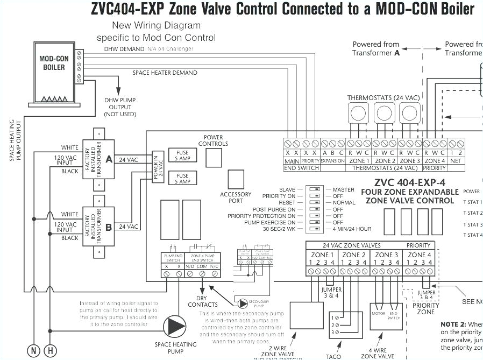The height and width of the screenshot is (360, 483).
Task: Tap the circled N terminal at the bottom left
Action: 34,351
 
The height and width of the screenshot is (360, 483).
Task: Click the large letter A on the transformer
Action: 109,159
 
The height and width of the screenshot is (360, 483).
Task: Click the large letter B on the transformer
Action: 109,227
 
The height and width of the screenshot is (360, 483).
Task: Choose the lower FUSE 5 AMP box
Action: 183,179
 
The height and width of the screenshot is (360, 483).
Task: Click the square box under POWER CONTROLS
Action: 214,158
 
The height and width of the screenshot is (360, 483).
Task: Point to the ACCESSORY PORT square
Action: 236,179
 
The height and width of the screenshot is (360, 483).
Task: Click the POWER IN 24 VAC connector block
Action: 157,167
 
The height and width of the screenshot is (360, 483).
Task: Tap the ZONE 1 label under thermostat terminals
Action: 359,161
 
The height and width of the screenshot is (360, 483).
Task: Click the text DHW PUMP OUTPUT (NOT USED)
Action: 120,107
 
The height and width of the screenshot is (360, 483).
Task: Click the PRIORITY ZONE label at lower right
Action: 426,308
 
